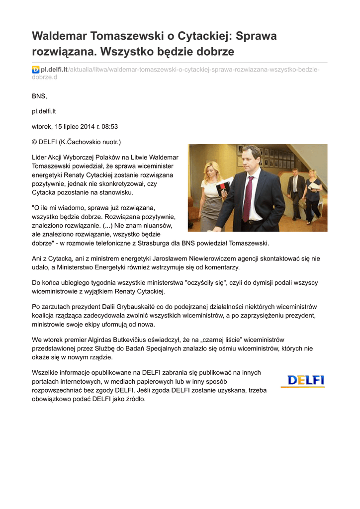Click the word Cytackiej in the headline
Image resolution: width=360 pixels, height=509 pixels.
[199, 36]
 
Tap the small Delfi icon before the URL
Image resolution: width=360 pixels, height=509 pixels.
[35, 70]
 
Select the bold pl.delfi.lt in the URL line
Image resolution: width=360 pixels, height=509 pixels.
[54, 70]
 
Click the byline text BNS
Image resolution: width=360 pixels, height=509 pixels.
[39, 96]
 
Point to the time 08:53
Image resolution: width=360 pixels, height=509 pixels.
[109, 126]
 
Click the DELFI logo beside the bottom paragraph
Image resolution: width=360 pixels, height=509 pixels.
[302, 381]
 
